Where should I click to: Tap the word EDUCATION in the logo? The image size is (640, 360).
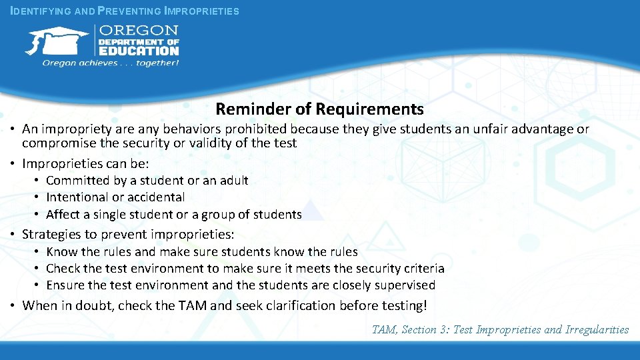point(139,50)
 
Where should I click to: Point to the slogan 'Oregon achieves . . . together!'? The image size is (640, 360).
point(111,63)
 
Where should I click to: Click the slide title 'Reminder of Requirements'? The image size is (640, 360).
point(319,109)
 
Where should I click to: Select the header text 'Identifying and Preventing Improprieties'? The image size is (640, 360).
point(125,11)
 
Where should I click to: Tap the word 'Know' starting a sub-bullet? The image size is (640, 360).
point(62,252)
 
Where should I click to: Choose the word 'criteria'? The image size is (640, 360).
point(424,269)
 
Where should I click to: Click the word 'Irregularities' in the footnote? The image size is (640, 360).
point(597,329)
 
